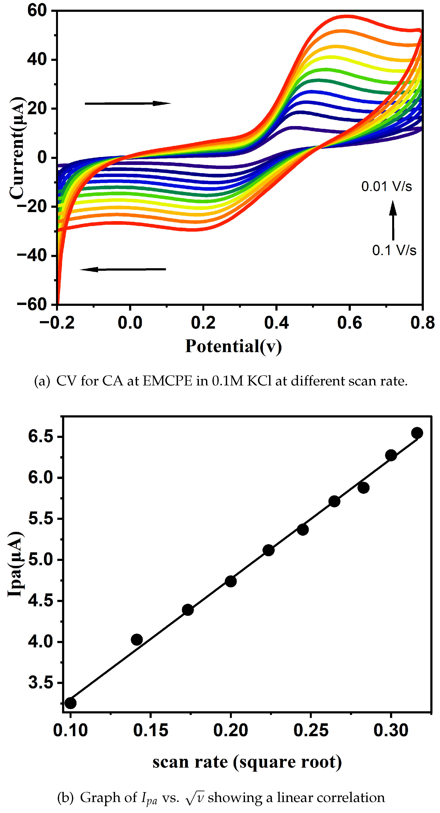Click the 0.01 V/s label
[386, 186]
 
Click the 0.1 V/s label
[394, 250]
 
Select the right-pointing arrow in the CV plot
[128, 103]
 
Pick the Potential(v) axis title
[233, 346]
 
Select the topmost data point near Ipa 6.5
[417, 433]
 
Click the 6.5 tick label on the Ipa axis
[41, 437]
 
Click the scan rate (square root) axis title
[247, 762]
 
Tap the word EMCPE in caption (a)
[167, 381]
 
